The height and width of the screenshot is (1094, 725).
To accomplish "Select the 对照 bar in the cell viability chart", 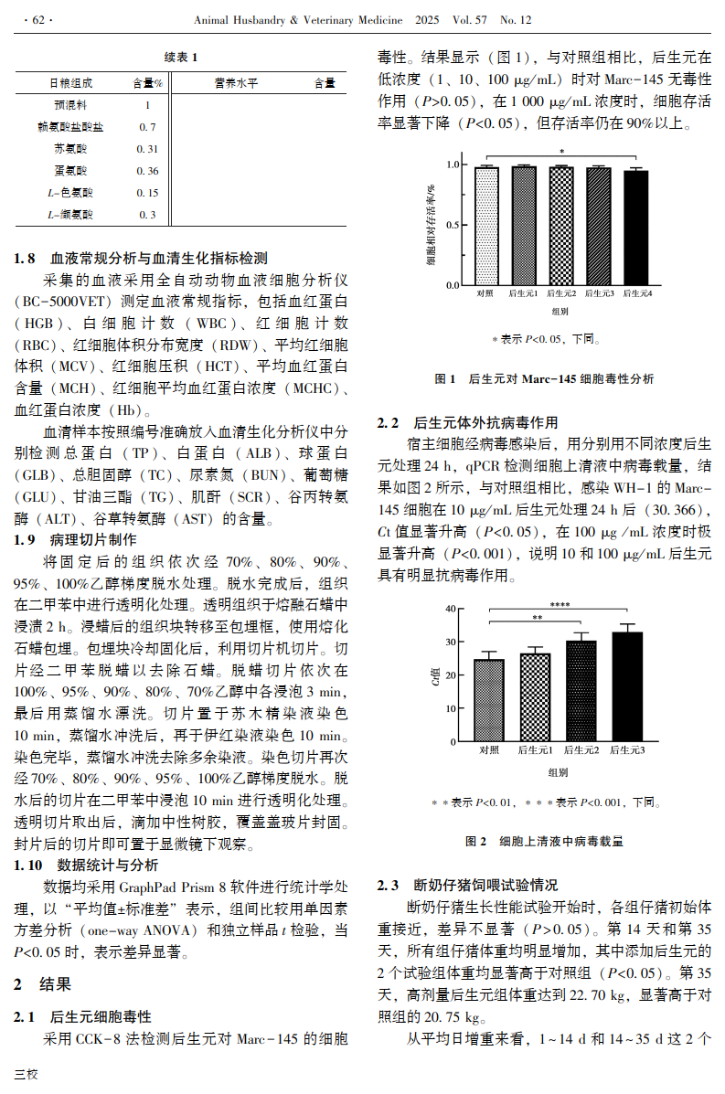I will [486, 225].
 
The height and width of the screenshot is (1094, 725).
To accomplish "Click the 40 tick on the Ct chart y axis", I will [449, 609].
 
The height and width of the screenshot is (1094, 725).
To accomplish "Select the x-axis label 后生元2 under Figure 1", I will [561, 293].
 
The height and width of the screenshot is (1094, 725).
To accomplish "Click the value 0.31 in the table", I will [147, 148].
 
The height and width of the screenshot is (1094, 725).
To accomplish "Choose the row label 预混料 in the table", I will [70, 104].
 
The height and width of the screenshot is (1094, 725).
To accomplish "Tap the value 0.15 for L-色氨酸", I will [147, 193].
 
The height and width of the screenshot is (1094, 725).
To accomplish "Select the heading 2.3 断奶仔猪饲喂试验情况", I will [467, 886].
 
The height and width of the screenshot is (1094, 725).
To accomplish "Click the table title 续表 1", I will [180, 58].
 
